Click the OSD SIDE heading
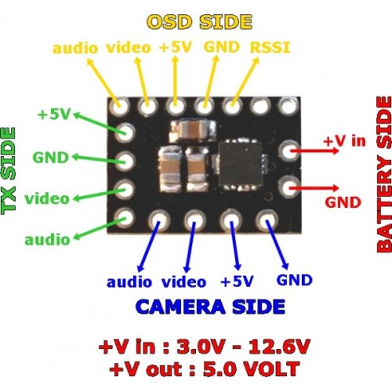[x=200, y=22]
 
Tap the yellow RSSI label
[x=270, y=48]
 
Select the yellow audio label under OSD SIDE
[x=75, y=48]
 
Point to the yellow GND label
[x=222, y=47]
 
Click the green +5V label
[x=54, y=114]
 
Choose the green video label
[x=47, y=198]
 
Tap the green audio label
[x=47, y=239]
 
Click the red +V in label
[x=344, y=141]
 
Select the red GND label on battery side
[x=343, y=202]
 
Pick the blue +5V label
[x=237, y=281]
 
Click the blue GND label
[x=295, y=280]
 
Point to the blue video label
[x=183, y=281]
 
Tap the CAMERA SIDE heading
[x=210, y=307]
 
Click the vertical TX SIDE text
[x=9, y=171]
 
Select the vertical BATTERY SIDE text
[x=384, y=175]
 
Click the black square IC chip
[x=241, y=164]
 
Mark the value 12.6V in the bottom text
[x=279, y=347]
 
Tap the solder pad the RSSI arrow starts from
[x=231, y=107]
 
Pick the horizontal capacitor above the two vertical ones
[x=194, y=129]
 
